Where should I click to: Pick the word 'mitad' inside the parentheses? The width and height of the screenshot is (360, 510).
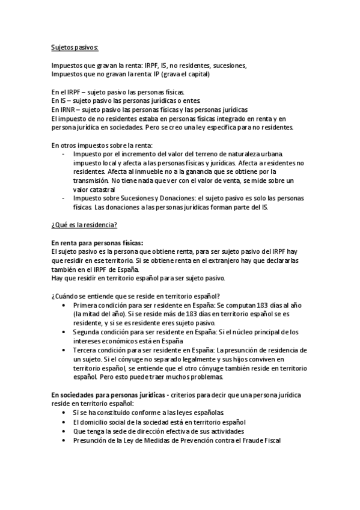coord(94,313)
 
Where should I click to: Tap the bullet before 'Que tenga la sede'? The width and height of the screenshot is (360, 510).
coord(64,431)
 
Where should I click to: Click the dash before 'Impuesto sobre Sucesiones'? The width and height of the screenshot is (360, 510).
coord(64,198)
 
